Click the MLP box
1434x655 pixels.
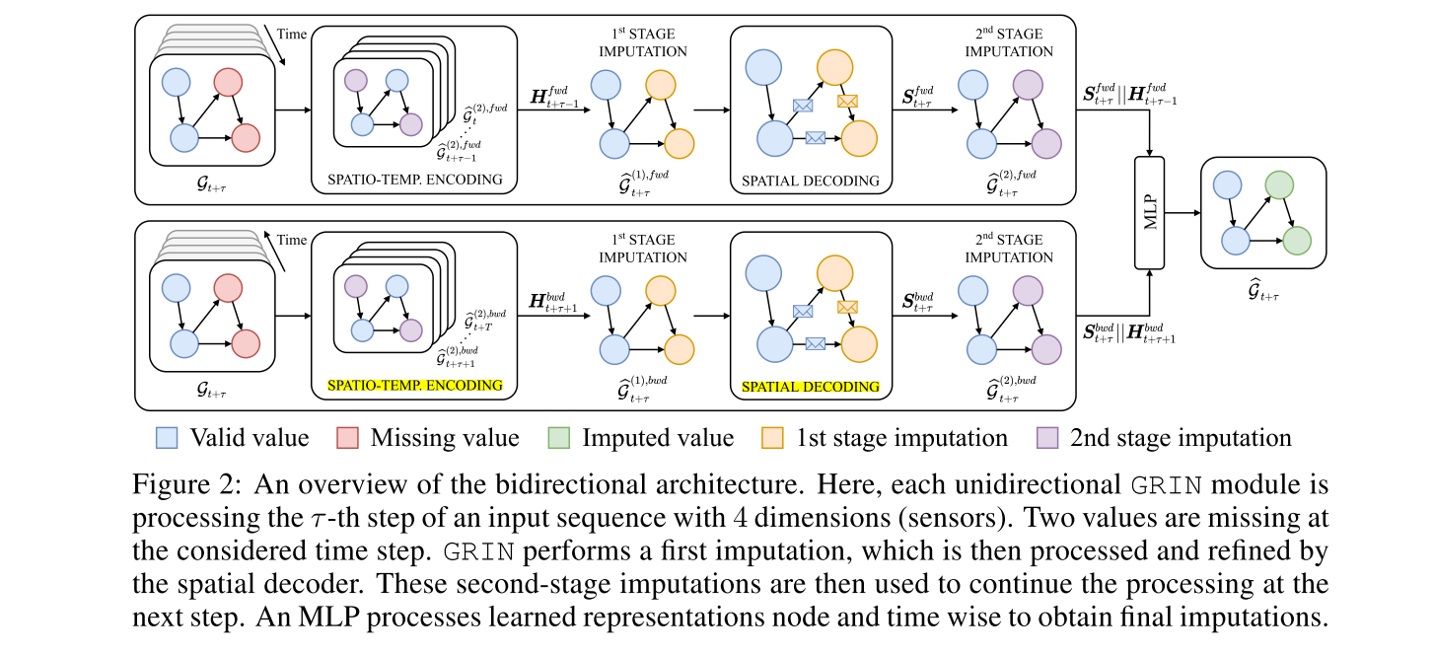pyautogui.click(x=1151, y=212)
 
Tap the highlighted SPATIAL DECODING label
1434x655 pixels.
pyautogui.click(x=811, y=387)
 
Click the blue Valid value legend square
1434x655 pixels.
pyautogui.click(x=167, y=438)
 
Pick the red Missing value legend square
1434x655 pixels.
pyautogui.click(x=348, y=438)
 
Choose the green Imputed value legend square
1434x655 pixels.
pyautogui.click(x=558, y=438)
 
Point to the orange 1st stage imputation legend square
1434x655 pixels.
pyautogui.click(x=774, y=438)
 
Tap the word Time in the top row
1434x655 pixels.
pyautogui.click(x=293, y=33)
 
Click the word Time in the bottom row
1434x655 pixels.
pyautogui.click(x=293, y=240)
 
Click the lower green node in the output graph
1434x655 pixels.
pyautogui.click(x=1297, y=240)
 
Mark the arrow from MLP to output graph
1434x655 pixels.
pyautogui.click(x=1183, y=212)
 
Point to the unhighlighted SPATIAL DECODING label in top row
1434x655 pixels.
pyautogui.click(x=811, y=181)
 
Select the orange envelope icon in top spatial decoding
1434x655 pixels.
pyautogui.click(x=846, y=100)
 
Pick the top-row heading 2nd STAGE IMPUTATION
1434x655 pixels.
pyautogui.click(x=1008, y=42)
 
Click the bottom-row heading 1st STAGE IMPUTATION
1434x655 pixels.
pyautogui.click(x=642, y=249)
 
